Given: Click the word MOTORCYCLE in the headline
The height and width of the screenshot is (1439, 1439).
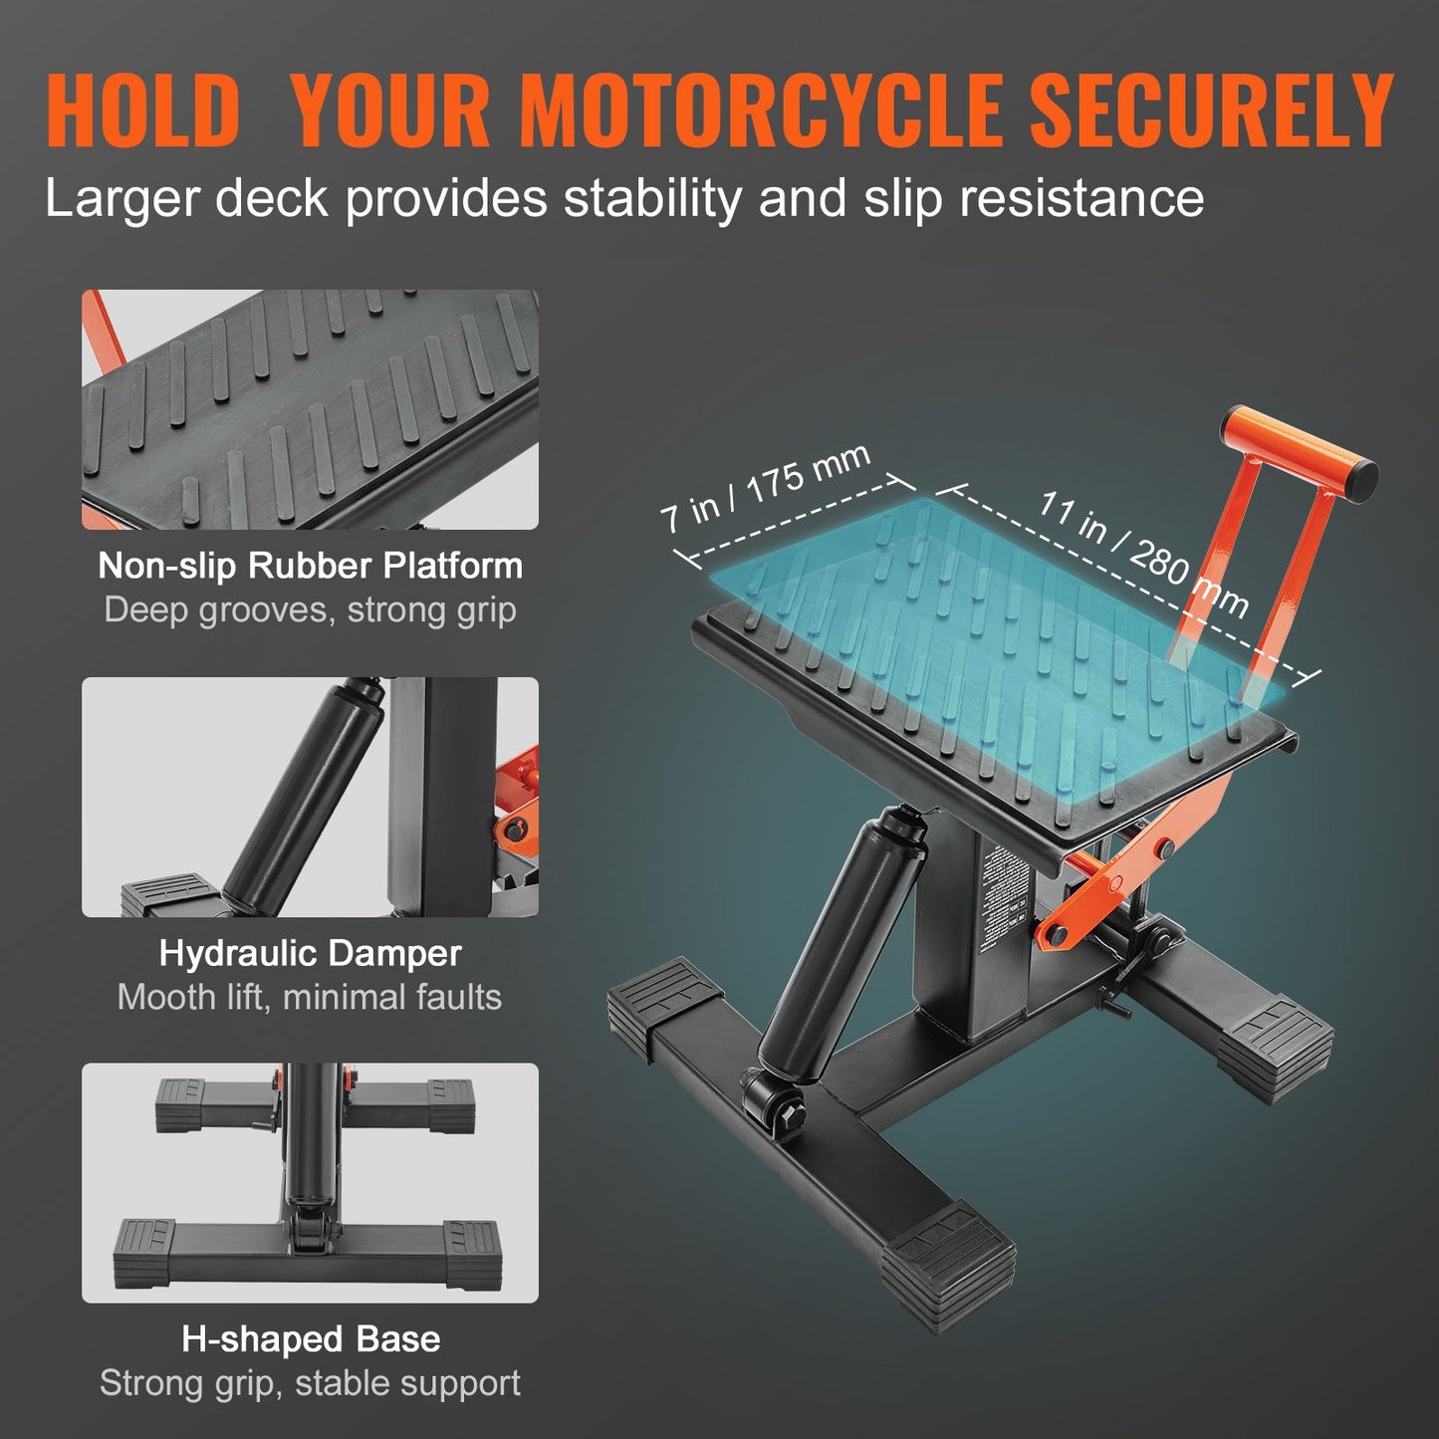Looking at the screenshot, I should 761,110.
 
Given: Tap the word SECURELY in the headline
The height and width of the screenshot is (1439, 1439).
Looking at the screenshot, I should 1210,110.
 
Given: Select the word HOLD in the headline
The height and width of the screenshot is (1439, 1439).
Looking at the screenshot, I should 142,110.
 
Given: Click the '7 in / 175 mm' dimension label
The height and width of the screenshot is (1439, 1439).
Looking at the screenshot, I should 765,487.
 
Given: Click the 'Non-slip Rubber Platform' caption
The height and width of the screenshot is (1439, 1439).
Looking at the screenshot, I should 310,566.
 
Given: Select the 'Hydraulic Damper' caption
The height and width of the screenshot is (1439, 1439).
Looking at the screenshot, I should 310,953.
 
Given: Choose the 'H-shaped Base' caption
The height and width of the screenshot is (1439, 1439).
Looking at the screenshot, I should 310,1339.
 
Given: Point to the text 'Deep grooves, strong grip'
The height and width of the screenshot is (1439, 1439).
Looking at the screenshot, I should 310,609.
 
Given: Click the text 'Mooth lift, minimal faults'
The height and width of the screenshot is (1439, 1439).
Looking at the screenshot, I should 310,997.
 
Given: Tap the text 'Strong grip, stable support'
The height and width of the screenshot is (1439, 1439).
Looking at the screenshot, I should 310,1383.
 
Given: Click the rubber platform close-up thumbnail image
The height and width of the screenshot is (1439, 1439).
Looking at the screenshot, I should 310,409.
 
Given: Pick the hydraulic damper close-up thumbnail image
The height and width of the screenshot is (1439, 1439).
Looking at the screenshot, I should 310,797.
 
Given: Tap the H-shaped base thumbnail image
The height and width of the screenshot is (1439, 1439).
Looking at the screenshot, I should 310,1183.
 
